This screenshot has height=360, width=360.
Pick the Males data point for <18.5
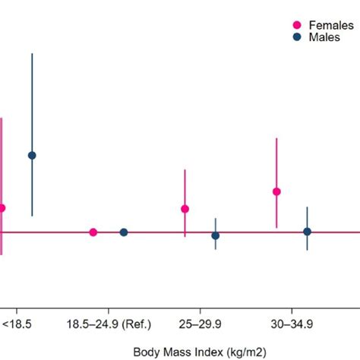[x=32, y=155]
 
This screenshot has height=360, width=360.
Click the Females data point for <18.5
[x=2, y=208]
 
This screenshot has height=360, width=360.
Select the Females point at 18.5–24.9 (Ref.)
[x=93, y=232]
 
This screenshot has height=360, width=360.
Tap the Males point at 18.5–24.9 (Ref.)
[x=124, y=232]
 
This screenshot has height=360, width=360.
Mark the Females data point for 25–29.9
[x=185, y=209]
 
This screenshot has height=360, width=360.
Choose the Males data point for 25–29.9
[x=216, y=235]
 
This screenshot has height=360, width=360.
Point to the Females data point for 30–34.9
[x=277, y=191]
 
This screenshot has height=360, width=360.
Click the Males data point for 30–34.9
[x=307, y=232]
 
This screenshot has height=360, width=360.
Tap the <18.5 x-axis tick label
[x=17, y=324]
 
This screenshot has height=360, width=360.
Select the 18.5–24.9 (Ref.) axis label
[x=109, y=324]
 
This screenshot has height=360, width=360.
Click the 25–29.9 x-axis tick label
[x=201, y=324]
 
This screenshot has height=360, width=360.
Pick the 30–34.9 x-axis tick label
[x=292, y=324]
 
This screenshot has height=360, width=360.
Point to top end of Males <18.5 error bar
[x=32, y=54]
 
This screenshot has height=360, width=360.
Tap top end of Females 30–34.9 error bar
[x=277, y=138]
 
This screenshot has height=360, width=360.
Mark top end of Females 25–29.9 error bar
[x=185, y=170]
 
